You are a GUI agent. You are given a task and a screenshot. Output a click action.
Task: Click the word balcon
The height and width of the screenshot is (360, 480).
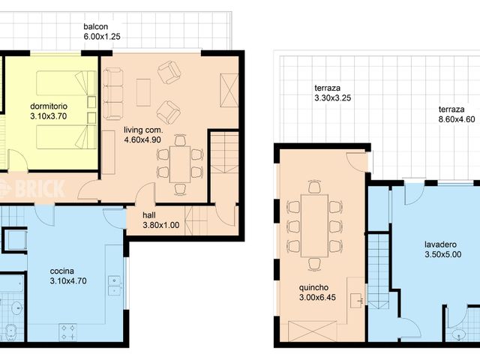(x=97, y=26)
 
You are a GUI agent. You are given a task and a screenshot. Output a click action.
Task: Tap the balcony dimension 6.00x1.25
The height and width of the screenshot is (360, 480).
(x=101, y=35)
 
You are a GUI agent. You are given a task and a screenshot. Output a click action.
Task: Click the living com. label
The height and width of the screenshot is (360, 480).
(x=142, y=130)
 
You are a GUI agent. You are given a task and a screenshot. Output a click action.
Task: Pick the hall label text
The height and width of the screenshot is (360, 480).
(x=148, y=214)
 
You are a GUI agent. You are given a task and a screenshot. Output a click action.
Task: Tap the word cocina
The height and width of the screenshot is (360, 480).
(x=62, y=271)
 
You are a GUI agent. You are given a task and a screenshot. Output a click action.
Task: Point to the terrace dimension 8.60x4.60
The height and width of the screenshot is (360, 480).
(x=457, y=118)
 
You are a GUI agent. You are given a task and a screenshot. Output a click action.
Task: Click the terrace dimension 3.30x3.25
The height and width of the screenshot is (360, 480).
(x=333, y=97)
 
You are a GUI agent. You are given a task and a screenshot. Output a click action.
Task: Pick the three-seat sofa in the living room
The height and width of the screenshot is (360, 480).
(x=113, y=94)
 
